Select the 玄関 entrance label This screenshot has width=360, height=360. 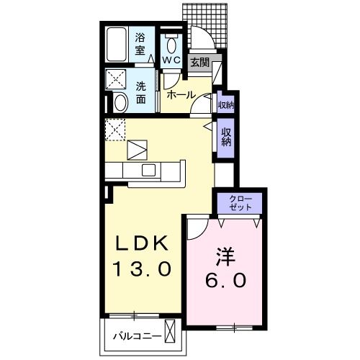[199, 63]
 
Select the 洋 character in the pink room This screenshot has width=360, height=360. [224, 256]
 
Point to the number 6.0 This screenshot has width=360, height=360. [224, 280]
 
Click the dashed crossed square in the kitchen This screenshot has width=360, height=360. [116, 130]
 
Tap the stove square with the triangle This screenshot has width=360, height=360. [137, 150]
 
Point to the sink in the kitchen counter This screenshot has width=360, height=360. [149, 171]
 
